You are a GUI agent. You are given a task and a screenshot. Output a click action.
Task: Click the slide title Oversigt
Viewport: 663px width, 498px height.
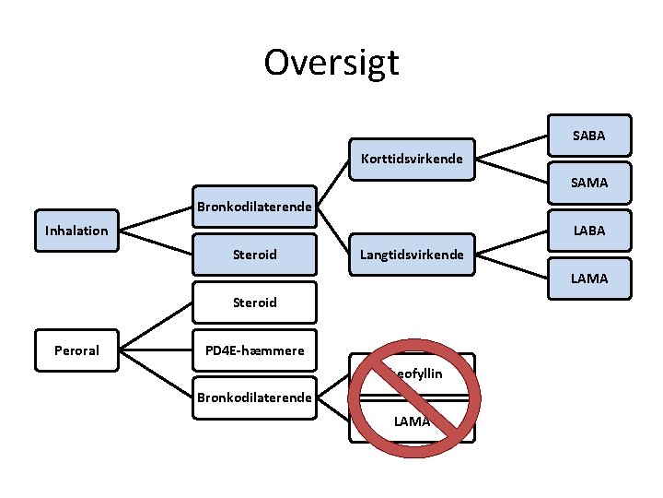pyautogui.click(x=331, y=63)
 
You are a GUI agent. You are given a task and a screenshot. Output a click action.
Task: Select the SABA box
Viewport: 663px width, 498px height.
pyautogui.click(x=589, y=136)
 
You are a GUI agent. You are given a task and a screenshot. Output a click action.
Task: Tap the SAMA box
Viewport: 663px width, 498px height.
pyautogui.click(x=589, y=183)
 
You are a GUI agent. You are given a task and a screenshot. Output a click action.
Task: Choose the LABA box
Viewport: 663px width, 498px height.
pyautogui.click(x=589, y=231)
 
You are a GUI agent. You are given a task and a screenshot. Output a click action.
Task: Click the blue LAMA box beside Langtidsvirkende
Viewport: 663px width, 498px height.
pyautogui.click(x=589, y=278)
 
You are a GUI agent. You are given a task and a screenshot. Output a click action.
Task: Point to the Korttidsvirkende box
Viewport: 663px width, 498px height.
pyautogui.click(x=412, y=160)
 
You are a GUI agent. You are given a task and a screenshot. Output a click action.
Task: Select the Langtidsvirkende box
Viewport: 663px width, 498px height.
pyautogui.click(x=412, y=254)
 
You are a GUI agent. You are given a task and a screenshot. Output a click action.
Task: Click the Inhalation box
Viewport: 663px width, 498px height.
pyautogui.click(x=76, y=231)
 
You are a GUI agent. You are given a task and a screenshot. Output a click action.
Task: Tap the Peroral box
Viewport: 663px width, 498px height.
pyautogui.click(x=76, y=350)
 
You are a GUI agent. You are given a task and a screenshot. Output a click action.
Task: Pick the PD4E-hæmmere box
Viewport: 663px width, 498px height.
pyautogui.click(x=254, y=350)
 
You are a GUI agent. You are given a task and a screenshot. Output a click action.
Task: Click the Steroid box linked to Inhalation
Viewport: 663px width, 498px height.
pyautogui.click(x=254, y=254)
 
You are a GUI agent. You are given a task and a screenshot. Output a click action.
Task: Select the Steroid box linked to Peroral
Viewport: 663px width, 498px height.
pyautogui.click(x=254, y=302)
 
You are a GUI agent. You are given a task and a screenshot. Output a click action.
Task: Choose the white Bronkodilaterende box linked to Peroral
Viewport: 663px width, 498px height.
pyautogui.click(x=254, y=398)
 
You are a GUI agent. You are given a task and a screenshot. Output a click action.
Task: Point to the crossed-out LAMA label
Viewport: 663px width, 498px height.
pyautogui.click(x=412, y=421)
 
